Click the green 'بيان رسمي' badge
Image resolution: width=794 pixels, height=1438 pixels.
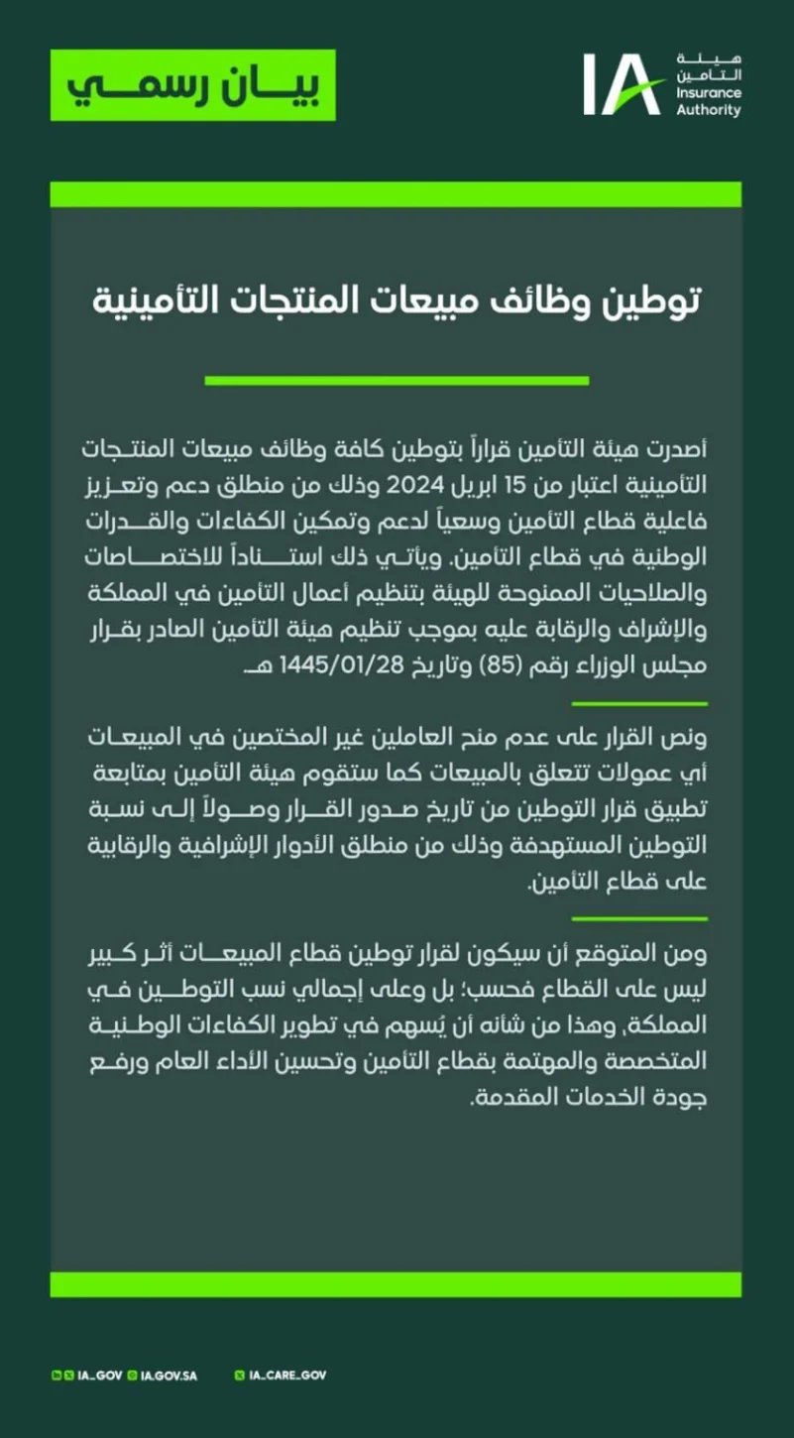pyautogui.click(x=193, y=84)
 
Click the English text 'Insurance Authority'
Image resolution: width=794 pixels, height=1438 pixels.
pyautogui.click(x=708, y=101)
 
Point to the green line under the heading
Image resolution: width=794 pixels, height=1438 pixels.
pyautogui.click(x=397, y=380)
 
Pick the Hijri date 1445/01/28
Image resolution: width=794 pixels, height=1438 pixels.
pyautogui.click(x=316, y=663)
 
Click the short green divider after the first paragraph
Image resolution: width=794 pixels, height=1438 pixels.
pyautogui.click(x=639, y=703)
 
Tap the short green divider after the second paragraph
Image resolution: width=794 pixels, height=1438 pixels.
pyautogui.click(x=639, y=919)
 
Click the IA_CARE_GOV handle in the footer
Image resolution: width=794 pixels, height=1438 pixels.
pyautogui.click(x=287, y=1376)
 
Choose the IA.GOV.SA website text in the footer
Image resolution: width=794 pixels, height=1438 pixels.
pyautogui.click(x=170, y=1376)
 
